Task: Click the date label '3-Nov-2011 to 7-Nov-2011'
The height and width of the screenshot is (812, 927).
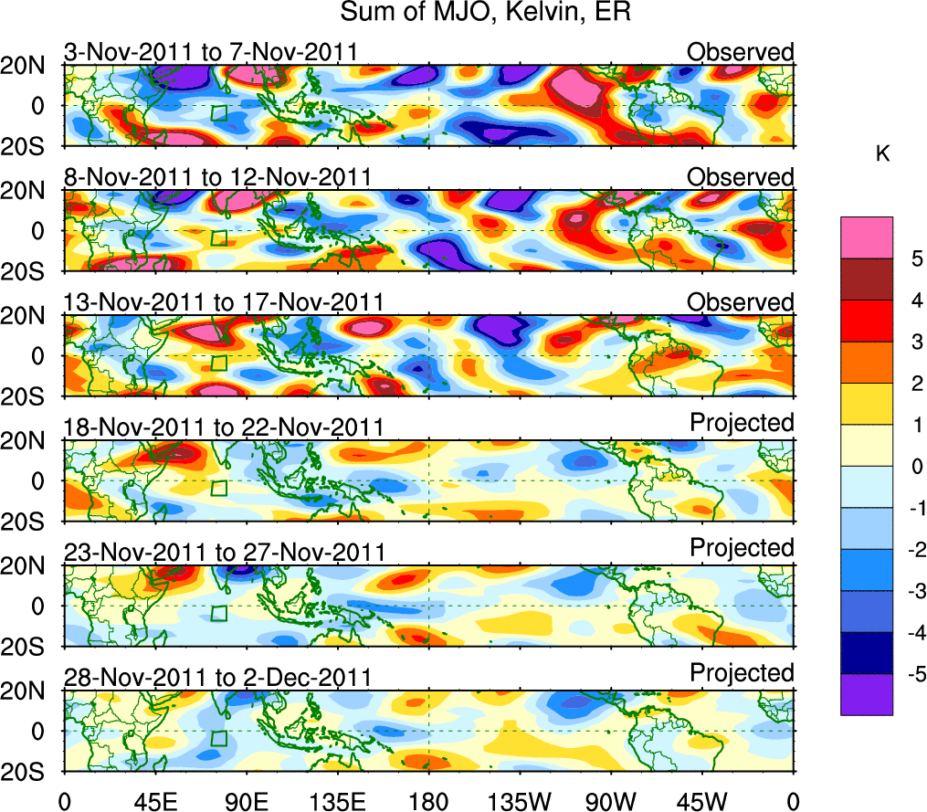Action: (210, 53)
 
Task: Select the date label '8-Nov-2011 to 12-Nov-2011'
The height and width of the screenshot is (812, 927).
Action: (216, 177)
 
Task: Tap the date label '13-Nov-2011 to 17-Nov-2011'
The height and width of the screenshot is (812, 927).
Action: (223, 302)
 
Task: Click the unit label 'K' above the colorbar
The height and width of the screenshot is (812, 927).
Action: (882, 155)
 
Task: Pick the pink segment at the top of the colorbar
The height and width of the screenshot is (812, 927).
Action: (866, 237)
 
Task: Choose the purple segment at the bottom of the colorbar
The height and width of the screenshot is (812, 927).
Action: (866, 694)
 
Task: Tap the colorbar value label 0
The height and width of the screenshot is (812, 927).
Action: (914, 467)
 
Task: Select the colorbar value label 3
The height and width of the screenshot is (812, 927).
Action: (914, 342)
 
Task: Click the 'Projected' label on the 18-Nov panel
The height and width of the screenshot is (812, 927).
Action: (742, 422)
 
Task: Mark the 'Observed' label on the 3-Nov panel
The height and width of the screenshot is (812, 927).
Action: (741, 52)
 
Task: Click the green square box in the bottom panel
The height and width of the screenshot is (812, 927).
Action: (218, 738)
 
